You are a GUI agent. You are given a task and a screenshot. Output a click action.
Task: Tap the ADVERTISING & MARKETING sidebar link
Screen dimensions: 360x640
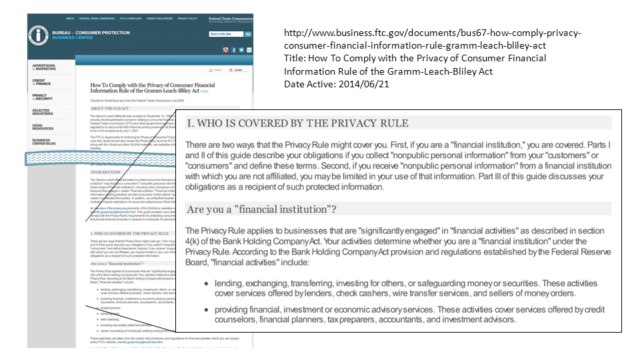tap(45, 67)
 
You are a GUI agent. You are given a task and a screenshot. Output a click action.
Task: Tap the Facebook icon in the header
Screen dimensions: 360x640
tap(233, 50)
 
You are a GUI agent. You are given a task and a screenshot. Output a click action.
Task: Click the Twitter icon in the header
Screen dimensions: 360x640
tap(241, 50)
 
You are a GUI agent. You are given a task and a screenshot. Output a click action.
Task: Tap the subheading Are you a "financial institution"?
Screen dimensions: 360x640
tap(261, 209)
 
